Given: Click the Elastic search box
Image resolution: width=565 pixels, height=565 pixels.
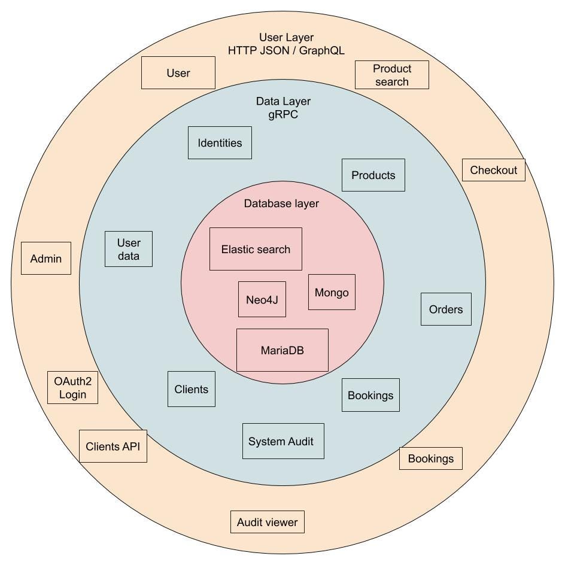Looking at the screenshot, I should click(x=256, y=249).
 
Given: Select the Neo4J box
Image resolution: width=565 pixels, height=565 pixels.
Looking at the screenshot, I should click(x=262, y=299).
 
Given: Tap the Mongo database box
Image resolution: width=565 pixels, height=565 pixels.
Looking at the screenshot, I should click(x=332, y=292).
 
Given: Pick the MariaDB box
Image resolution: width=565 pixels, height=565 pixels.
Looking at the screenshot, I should click(x=282, y=350).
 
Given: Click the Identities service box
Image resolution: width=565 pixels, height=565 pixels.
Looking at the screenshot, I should click(x=220, y=142).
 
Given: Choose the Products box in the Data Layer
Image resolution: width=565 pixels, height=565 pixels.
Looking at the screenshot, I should click(x=373, y=175).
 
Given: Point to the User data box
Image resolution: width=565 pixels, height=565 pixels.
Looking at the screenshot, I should click(x=129, y=249).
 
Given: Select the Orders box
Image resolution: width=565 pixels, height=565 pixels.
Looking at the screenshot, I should click(x=446, y=309).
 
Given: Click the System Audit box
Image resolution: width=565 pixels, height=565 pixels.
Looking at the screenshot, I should click(x=283, y=441).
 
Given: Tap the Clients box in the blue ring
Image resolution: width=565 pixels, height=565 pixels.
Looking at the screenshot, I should click(x=192, y=389).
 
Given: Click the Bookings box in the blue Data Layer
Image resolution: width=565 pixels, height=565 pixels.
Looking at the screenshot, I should click(x=370, y=395).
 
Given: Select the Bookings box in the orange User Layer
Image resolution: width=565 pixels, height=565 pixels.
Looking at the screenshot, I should click(x=431, y=458).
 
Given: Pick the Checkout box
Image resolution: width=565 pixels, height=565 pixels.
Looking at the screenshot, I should click(x=493, y=170).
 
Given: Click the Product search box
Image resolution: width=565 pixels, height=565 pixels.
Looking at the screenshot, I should click(x=392, y=75).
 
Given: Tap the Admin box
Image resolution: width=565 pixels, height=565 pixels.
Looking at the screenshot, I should click(x=46, y=258).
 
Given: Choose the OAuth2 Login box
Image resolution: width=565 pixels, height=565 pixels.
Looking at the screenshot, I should click(x=72, y=387).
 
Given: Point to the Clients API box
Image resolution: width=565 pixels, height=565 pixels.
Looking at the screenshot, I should click(x=113, y=446).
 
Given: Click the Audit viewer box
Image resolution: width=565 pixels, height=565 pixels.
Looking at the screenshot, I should click(x=268, y=522).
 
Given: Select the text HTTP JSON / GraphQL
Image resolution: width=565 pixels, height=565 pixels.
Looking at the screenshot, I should click(x=286, y=51).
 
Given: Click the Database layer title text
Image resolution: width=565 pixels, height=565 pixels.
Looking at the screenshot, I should click(x=281, y=203).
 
